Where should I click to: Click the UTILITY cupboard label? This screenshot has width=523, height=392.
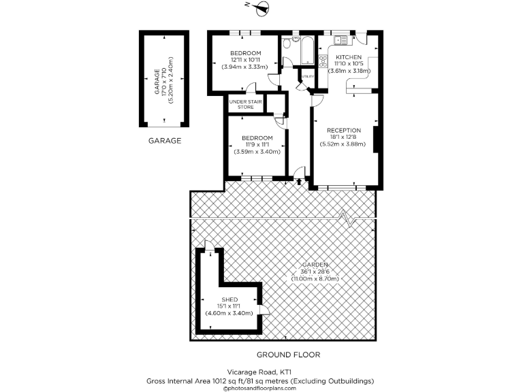[x=308, y=76]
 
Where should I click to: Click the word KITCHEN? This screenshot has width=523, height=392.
[x=347, y=57]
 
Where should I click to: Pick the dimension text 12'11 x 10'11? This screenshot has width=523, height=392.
[x=245, y=60]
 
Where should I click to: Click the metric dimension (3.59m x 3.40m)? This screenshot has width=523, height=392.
[x=257, y=151]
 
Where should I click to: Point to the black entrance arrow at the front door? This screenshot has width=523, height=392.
[x=300, y=181]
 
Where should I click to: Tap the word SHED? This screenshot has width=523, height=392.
[x=229, y=299]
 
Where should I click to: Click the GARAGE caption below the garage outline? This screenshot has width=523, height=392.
[x=165, y=141]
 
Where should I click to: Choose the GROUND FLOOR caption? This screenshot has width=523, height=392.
[x=288, y=355]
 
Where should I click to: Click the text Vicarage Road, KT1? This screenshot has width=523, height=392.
[x=261, y=372]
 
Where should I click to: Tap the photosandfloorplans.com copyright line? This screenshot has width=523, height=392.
[x=261, y=387]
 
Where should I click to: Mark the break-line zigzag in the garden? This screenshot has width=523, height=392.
[x=349, y=217]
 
